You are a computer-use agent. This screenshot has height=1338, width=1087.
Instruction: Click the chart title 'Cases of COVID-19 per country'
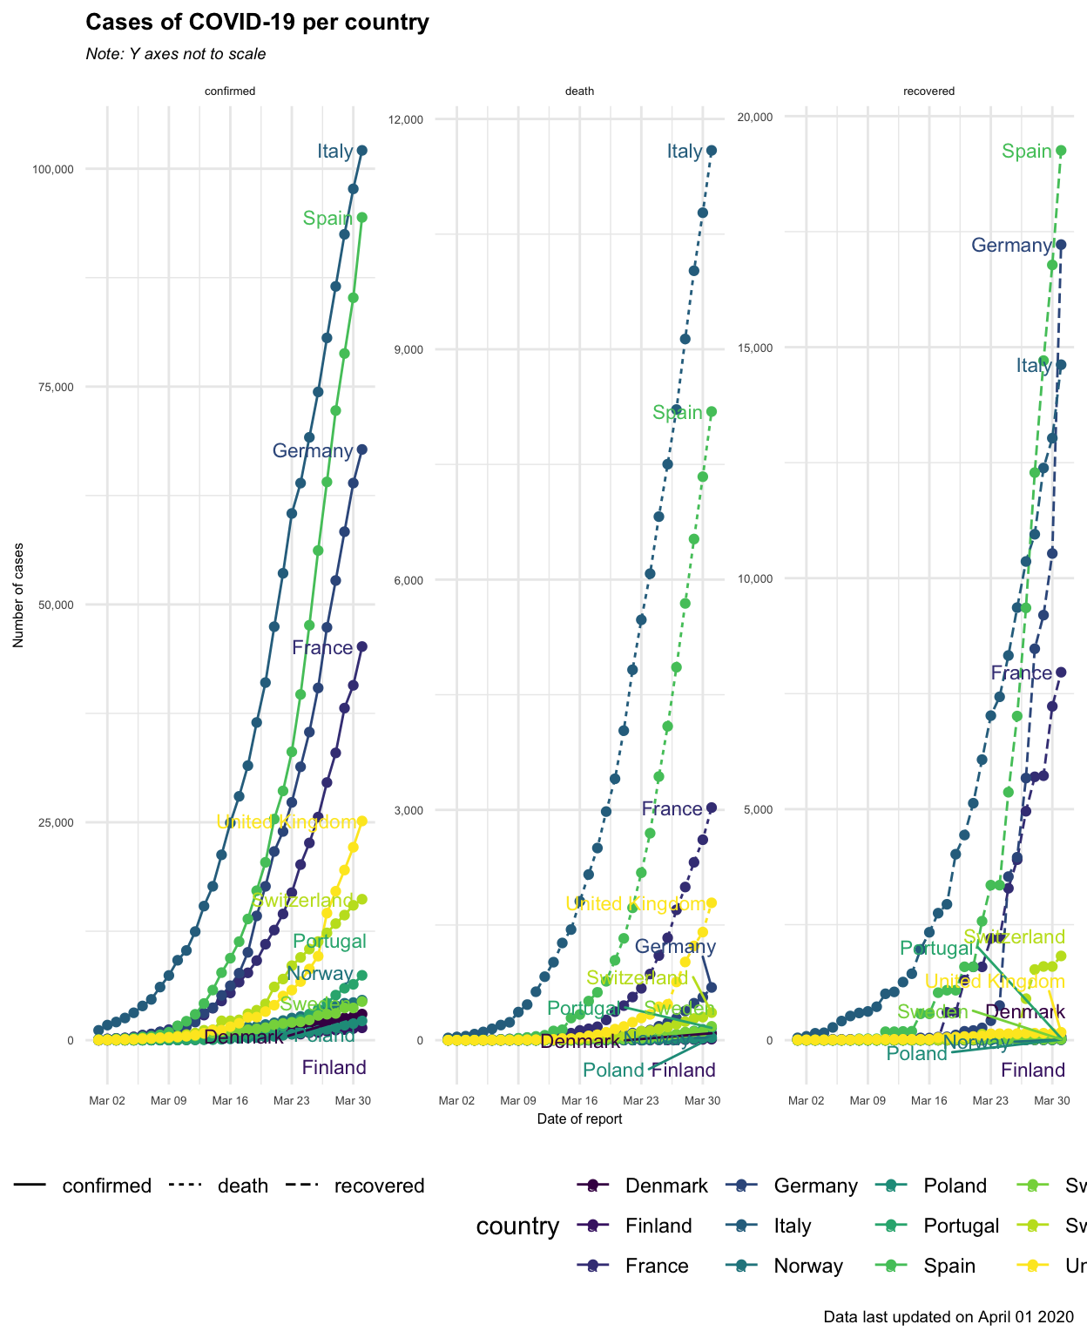257,23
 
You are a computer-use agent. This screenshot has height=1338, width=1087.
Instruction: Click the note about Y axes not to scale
176,54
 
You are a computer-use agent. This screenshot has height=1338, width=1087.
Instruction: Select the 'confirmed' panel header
230,91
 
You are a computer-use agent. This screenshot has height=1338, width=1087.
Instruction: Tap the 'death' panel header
579,91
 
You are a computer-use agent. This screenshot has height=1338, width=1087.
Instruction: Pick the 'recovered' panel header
928,91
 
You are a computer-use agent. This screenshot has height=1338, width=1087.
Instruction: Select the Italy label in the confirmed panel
335,152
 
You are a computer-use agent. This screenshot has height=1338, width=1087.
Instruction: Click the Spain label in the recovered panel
1027,152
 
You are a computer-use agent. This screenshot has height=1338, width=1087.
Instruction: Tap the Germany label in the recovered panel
1011,246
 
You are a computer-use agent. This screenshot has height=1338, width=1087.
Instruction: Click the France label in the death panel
672,809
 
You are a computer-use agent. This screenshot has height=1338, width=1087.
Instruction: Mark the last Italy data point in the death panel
712,151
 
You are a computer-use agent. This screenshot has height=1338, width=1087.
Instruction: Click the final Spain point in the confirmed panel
362,218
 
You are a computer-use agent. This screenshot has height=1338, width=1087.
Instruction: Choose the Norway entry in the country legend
807,1266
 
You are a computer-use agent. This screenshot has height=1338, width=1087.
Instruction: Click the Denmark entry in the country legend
666,1186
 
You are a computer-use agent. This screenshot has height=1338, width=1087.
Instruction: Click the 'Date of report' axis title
579,1119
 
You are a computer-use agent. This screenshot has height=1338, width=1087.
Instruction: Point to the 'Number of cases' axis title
18,595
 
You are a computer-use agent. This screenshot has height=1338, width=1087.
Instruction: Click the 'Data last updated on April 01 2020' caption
949,1316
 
